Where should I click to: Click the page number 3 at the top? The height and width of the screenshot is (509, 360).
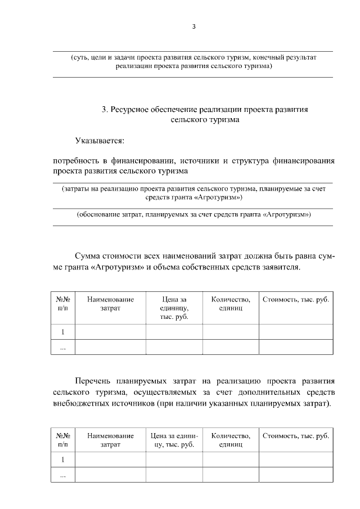point(193,26)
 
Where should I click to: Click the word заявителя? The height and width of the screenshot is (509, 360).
point(282,267)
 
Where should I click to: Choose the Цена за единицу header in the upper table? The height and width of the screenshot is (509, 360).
point(174,308)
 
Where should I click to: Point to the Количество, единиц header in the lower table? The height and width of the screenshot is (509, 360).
point(230,440)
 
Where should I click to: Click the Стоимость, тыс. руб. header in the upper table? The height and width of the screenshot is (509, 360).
point(295,300)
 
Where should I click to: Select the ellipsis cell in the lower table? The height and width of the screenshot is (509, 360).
point(62,475)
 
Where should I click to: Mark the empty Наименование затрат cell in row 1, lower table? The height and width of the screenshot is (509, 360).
point(110,460)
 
